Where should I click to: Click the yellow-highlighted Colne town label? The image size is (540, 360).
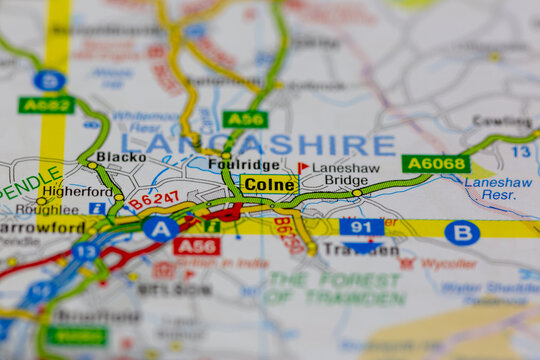point(269,184)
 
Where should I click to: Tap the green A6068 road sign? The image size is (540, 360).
point(436,163)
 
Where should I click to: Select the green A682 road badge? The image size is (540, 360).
point(46,104)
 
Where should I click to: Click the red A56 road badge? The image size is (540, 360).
point(196,246)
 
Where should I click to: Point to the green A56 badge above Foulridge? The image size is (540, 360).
point(245,119)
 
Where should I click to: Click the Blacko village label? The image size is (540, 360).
point(121,157)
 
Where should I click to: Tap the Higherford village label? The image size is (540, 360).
point(77,191)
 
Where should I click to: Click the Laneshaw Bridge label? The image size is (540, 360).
point(345,174)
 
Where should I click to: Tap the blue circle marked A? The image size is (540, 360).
point(160,229)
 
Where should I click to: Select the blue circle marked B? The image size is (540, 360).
point(462,233)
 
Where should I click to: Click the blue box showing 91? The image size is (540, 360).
point(361,227)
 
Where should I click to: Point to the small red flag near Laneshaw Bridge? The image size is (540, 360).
point(302,168)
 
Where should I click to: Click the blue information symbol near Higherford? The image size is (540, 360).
point(97,208)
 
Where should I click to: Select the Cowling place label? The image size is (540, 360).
point(501,121)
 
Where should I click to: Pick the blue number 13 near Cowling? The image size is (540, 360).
point(521,151)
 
